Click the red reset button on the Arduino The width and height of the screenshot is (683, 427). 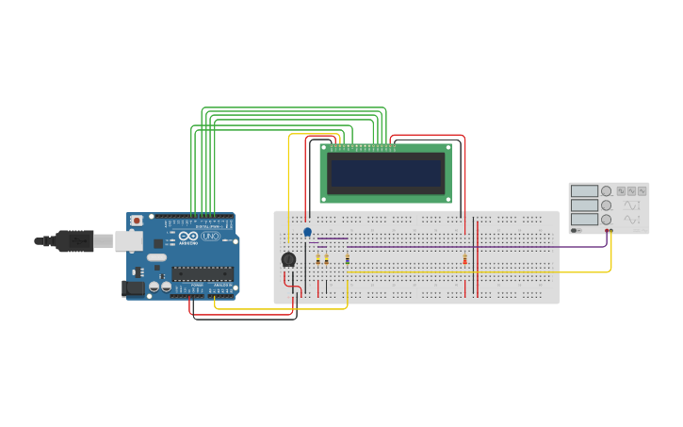click(137, 221)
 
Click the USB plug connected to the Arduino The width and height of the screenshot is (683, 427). click(74, 241)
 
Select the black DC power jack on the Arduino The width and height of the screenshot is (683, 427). click(133, 288)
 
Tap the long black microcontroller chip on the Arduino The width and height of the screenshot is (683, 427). click(202, 274)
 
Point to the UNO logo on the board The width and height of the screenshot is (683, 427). click(210, 237)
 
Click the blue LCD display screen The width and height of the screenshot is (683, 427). click(386, 172)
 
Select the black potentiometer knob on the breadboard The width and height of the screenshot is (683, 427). click(288, 259)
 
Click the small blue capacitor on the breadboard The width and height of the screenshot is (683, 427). click(307, 231)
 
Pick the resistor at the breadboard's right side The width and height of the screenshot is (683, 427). click(464, 259)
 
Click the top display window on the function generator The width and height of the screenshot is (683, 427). click(584, 191)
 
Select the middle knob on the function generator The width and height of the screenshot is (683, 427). click(607, 205)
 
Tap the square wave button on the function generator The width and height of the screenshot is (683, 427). click(622, 191)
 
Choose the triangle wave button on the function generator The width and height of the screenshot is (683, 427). click(632, 191)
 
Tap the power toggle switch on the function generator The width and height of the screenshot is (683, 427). click(575, 230)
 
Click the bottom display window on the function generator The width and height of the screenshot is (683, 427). click(584, 219)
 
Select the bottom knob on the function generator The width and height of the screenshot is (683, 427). click(607, 219)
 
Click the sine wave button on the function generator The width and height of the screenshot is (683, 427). click(642, 191)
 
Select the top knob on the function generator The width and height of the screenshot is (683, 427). click(607, 191)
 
